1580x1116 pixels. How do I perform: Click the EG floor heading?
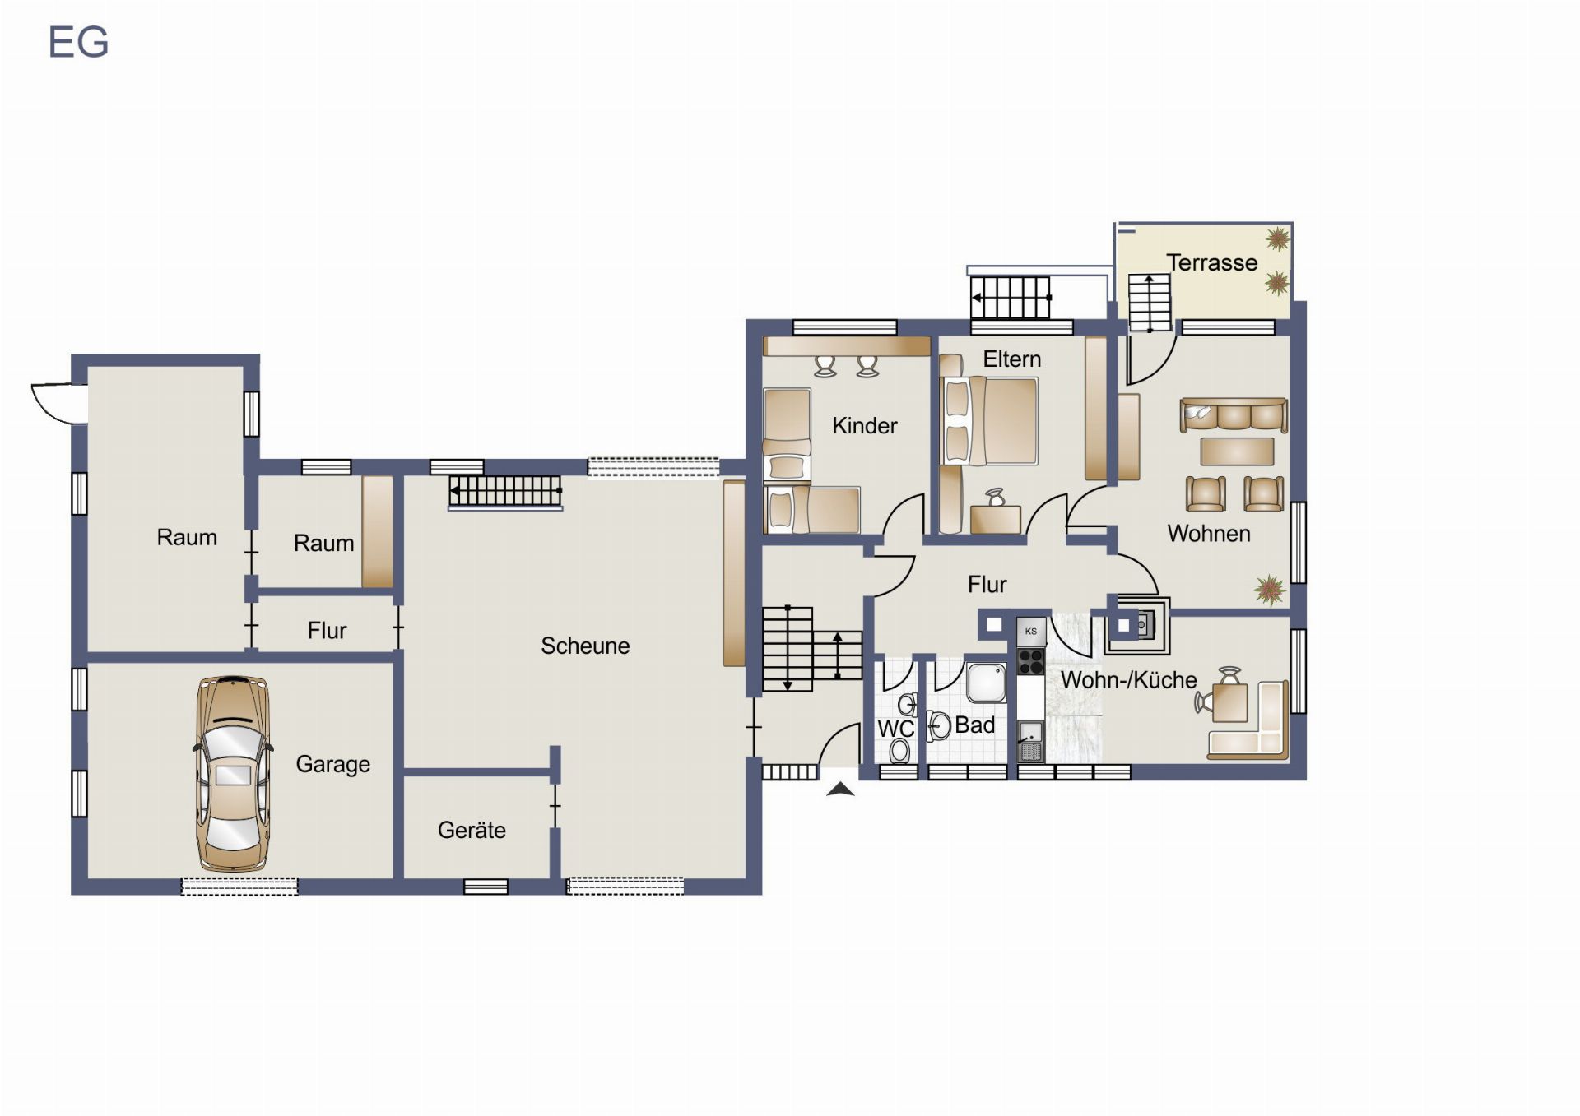tap(78, 42)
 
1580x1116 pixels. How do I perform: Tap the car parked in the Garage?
tap(233, 773)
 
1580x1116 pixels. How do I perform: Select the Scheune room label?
tap(585, 646)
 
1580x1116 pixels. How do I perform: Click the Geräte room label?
tap(472, 830)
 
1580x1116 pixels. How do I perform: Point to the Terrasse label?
tap(1212, 262)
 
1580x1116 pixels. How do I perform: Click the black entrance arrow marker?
tap(840, 790)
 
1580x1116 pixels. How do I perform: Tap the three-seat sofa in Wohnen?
tap(1234, 415)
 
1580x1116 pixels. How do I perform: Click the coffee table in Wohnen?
tap(1237, 451)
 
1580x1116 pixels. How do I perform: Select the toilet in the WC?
tap(899, 750)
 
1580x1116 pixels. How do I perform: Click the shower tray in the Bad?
tap(986, 683)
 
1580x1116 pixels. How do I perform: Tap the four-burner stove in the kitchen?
tap(1031, 662)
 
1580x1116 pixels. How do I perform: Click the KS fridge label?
tap(1031, 632)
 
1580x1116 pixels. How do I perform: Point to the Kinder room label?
tap(864, 425)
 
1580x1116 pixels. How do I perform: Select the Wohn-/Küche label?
tap(1128, 680)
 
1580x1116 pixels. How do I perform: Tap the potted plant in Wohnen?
tap(1271, 590)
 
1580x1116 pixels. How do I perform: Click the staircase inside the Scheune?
tap(505, 492)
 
